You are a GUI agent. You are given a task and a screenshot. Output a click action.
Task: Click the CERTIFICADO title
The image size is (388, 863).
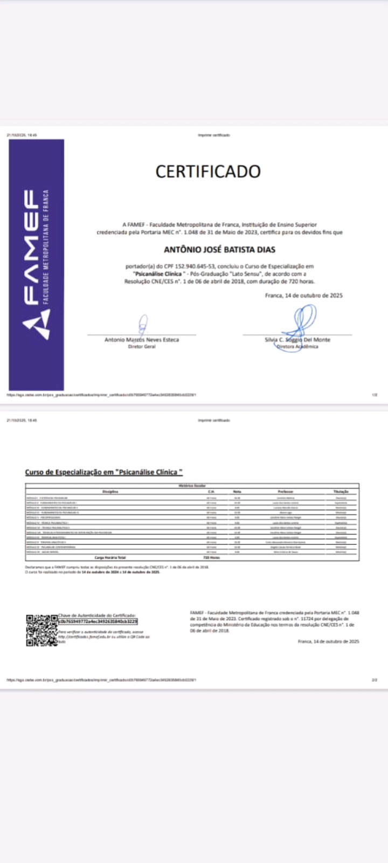pos(208,172)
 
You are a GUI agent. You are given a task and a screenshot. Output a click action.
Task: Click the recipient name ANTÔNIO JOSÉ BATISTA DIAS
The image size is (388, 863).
pos(219,250)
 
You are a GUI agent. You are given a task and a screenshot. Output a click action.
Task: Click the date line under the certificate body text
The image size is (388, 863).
pos(303,296)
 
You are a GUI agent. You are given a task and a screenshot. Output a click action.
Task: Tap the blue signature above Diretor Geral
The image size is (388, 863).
pos(143,325)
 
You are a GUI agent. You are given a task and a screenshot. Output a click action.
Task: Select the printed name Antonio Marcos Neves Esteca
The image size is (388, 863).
pos(142,340)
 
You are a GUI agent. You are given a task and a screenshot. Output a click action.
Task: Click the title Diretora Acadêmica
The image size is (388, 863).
pos(297,347)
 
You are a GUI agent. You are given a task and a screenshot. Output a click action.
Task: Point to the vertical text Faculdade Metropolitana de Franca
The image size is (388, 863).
pos(46,246)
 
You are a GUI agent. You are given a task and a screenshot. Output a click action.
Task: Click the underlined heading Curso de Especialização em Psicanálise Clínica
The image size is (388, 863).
pos(104,472)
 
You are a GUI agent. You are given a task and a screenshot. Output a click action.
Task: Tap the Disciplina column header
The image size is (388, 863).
pos(110,491)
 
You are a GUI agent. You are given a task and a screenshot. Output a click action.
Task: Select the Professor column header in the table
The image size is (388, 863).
pos(286,491)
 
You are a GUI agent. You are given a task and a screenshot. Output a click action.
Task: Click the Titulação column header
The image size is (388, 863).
pos(341,491)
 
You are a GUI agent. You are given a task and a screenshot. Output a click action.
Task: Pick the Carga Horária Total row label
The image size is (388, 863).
pos(110,558)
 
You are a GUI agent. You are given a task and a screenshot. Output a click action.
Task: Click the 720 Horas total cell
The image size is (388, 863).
pos(211,558)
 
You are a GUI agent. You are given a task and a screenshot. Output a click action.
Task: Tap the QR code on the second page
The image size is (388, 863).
pos(41,630)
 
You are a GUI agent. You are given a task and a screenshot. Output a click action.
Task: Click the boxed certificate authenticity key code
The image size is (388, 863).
pos(98,621)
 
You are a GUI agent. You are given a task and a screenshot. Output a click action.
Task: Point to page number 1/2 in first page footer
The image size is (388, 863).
pos(375,395)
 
